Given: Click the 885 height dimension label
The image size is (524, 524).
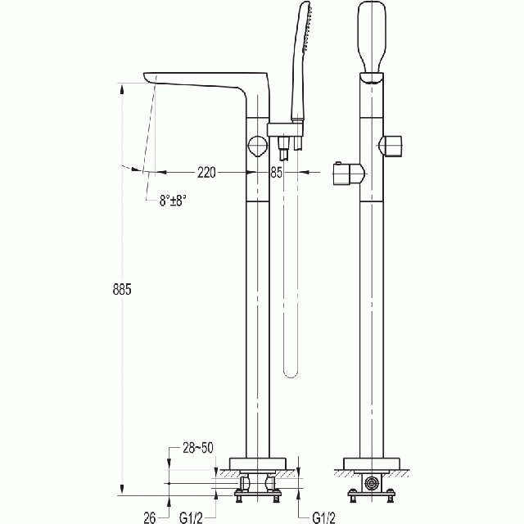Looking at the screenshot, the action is coord(122,289).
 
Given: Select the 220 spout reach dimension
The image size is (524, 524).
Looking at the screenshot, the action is coord(206,173).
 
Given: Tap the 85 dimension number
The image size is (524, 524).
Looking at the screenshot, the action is coord(277,173).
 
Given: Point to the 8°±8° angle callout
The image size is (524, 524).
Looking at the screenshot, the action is coord(173,201).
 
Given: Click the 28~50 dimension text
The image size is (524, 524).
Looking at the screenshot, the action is coord(198,448).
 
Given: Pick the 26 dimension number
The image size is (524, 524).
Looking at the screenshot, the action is coord(150,517).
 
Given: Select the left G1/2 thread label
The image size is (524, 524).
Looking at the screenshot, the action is coord(191,517).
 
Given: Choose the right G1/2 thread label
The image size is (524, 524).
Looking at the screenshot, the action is coord(323,517).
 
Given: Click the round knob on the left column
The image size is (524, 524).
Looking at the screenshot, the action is coord(258,146).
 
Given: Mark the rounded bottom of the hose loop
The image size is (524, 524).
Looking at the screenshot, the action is coord(291,373).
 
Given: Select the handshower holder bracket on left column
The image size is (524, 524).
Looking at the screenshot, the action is coord(285,129).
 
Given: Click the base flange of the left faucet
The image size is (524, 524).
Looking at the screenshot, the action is coord(258,464).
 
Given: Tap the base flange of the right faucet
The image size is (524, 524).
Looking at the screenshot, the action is coord(372,464).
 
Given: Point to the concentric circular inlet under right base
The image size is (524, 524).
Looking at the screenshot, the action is coord(372,483).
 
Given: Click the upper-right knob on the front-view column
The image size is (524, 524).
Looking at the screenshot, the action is coord(392,146).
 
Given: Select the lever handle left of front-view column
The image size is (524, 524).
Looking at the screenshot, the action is coord(348,174).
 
